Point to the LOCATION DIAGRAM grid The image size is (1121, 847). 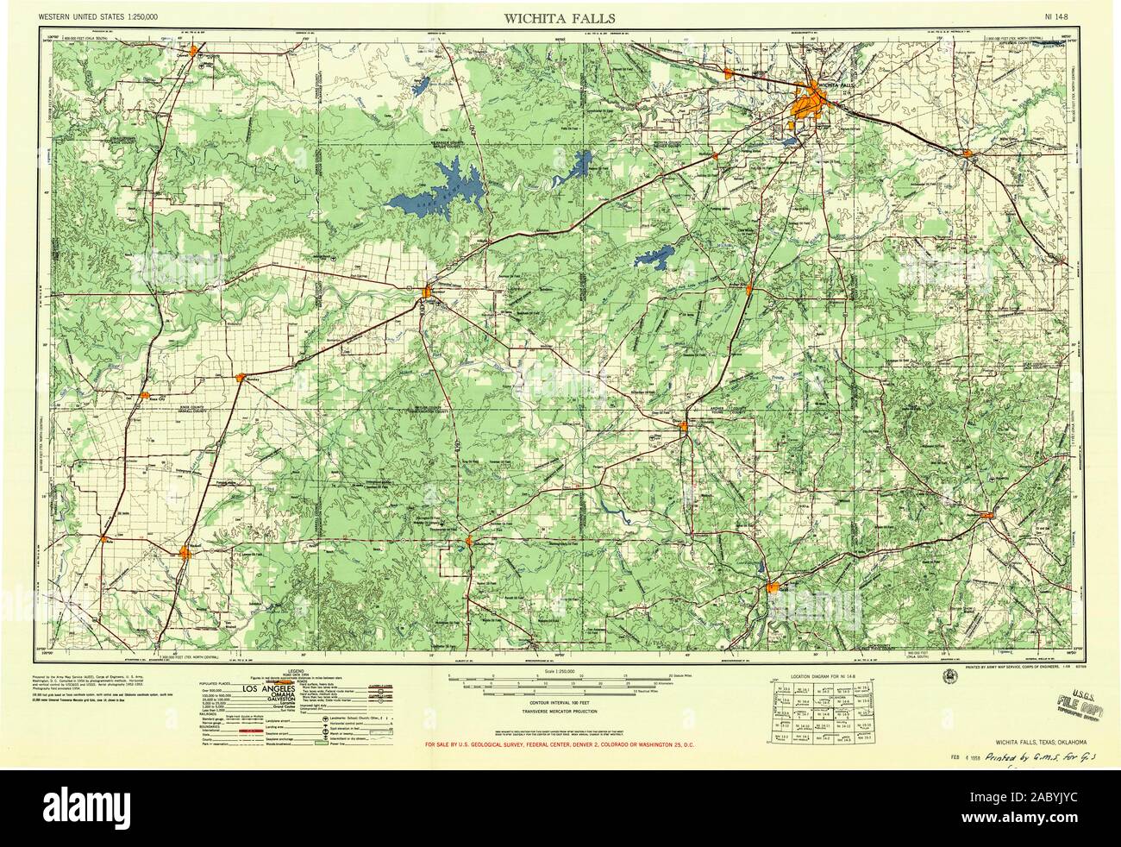[x=819, y=712]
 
